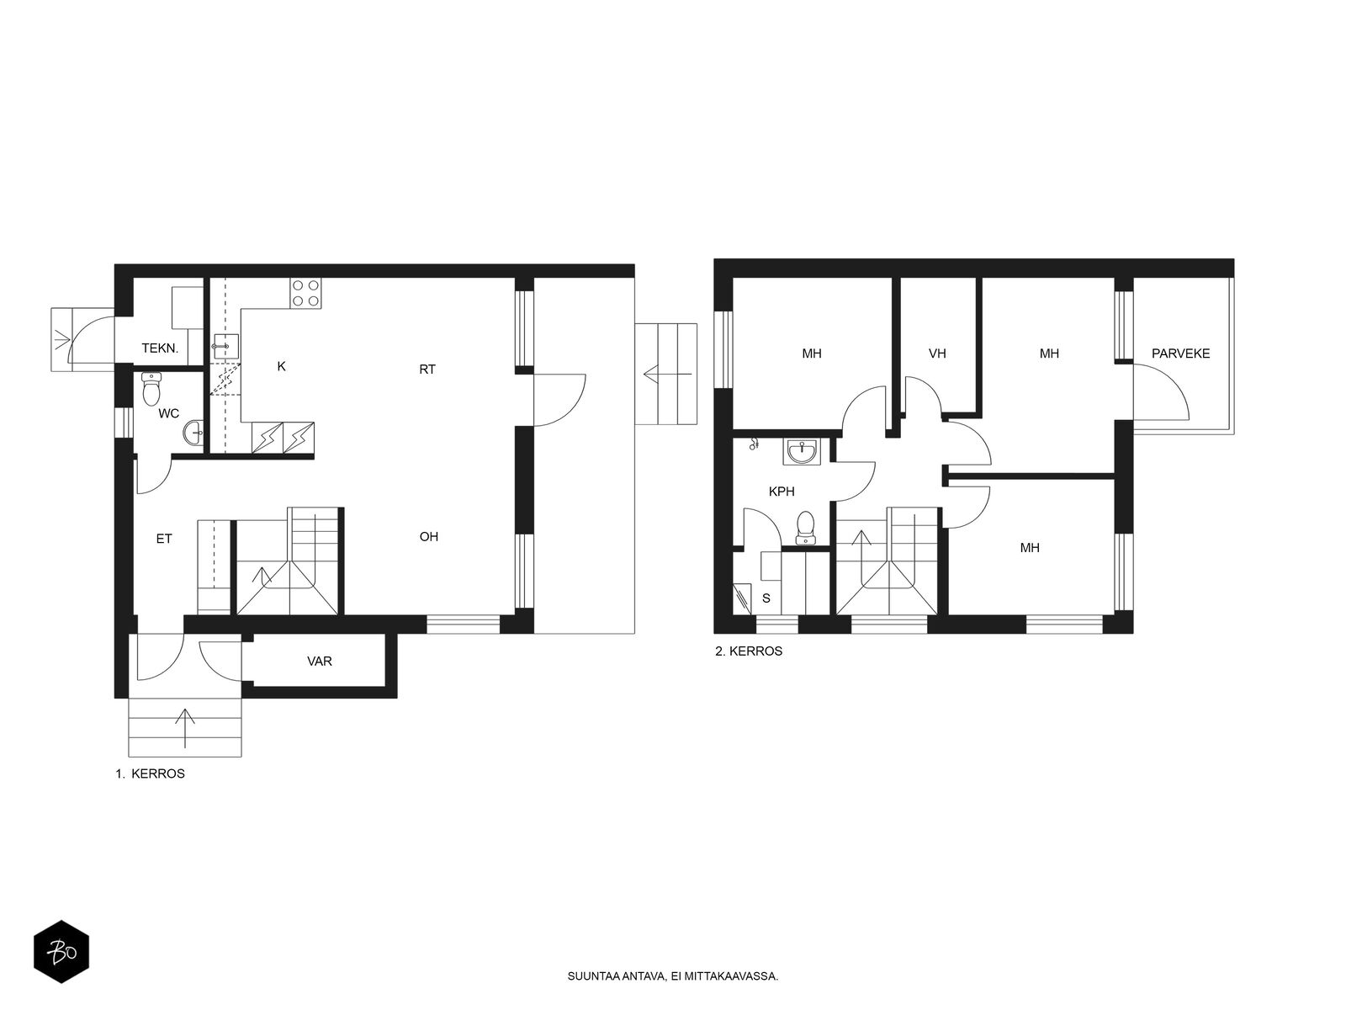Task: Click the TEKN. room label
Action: point(160,348)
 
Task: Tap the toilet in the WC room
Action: point(151,389)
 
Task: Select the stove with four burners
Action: point(305,293)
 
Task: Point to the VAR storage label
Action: point(320,661)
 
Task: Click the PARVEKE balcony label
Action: point(1180,353)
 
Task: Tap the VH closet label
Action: point(937,353)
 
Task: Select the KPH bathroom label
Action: point(782,492)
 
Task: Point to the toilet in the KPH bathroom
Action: point(805,528)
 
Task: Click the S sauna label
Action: point(766,598)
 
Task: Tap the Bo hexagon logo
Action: point(61,952)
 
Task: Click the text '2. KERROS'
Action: point(749,651)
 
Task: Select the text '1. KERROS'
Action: point(151,773)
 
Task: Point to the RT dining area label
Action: point(427,369)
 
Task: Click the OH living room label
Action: point(429,537)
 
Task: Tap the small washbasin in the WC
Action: point(193,433)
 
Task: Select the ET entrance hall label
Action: point(164,539)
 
